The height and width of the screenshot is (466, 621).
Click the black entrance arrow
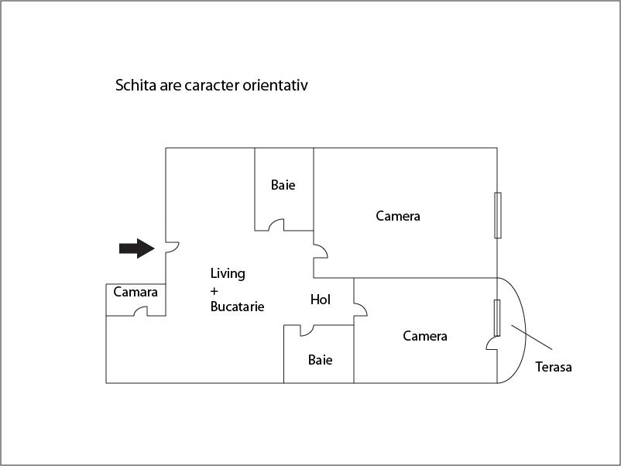tap(136, 248)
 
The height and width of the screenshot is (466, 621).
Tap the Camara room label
tap(136, 292)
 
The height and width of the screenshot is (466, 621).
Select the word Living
tap(228, 273)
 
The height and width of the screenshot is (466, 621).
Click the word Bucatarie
tap(238, 307)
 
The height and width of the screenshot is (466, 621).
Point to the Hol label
tap(321, 300)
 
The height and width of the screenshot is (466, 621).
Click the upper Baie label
tap(283, 185)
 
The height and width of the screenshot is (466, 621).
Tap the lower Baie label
tap(321, 360)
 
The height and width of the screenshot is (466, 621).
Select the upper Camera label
tap(398, 216)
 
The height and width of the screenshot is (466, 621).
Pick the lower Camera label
tap(425, 336)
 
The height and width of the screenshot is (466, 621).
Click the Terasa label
tap(554, 367)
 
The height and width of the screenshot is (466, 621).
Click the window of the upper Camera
tap(498, 215)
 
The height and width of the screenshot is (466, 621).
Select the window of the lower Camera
tap(497, 317)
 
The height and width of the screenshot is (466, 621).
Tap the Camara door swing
tap(142, 311)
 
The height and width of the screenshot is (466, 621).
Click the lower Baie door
tap(307, 331)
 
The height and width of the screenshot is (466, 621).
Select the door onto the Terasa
tap(491, 344)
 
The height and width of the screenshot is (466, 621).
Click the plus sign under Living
tap(214, 290)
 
